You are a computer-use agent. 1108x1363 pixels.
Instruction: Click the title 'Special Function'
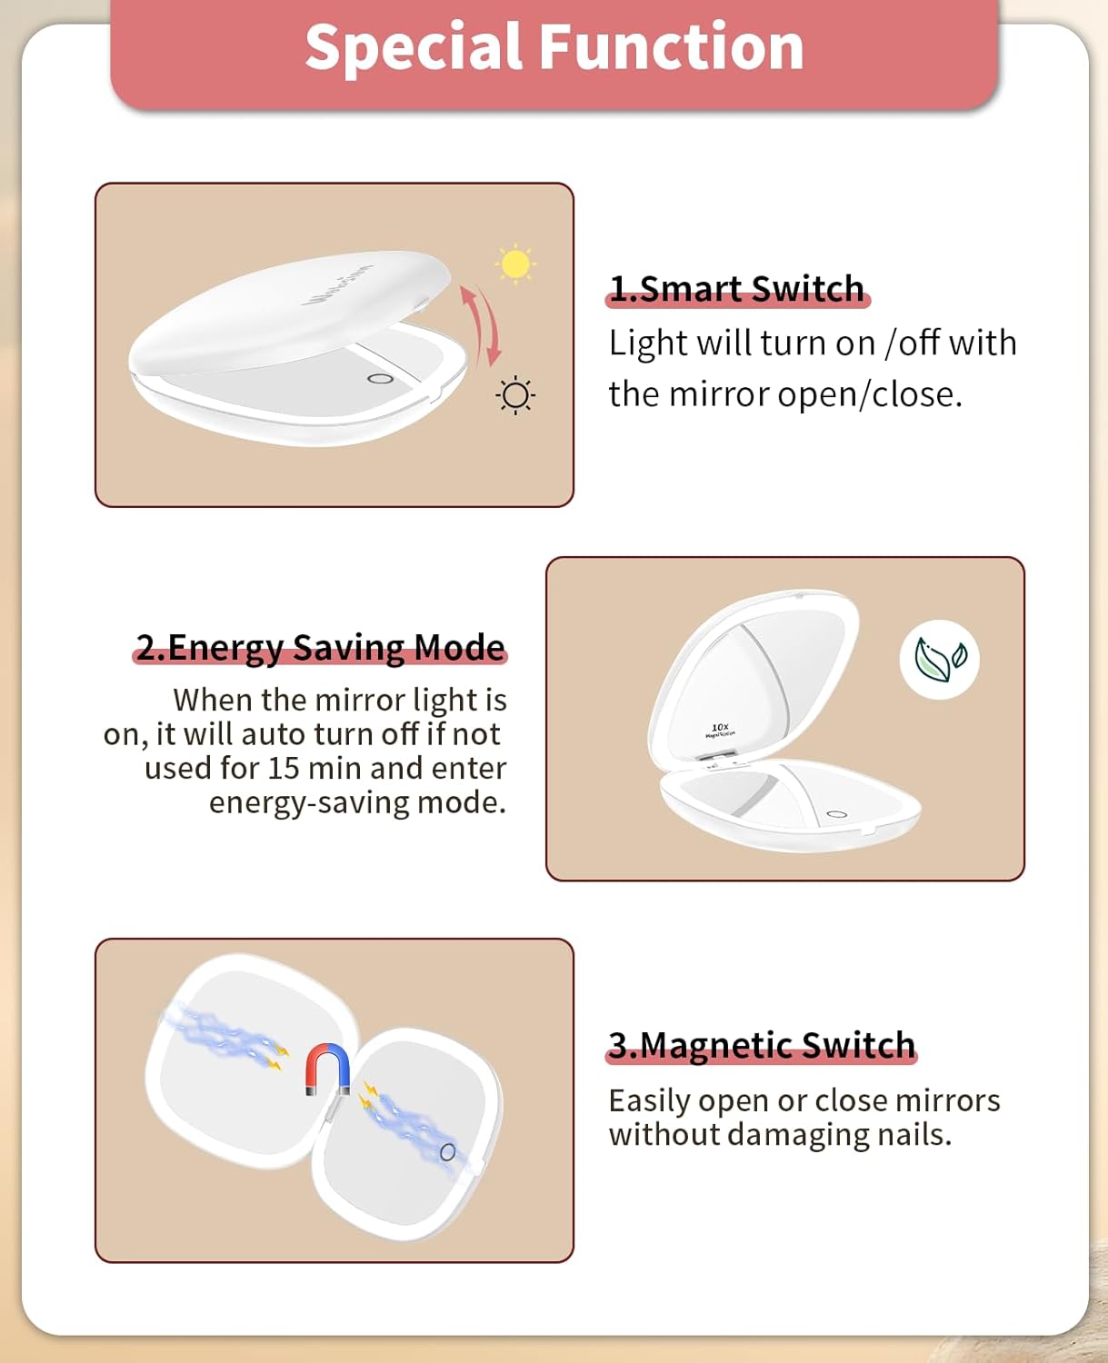554,47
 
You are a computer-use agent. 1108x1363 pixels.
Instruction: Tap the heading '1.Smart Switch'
737,289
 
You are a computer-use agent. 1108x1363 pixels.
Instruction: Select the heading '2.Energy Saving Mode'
320,648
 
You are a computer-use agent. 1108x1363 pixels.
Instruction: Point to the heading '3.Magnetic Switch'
762,1046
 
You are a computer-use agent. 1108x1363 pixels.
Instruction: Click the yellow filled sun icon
515,264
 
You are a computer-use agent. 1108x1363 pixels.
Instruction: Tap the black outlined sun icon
515,395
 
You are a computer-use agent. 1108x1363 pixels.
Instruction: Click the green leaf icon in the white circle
940,659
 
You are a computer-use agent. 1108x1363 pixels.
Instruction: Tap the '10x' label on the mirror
720,728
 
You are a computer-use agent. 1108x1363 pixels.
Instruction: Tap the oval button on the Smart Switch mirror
380,379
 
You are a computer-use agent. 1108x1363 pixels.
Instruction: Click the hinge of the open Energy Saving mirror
715,759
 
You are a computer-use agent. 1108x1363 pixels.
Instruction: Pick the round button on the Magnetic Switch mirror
448,1152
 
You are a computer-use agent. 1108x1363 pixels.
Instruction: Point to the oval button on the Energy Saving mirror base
837,814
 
